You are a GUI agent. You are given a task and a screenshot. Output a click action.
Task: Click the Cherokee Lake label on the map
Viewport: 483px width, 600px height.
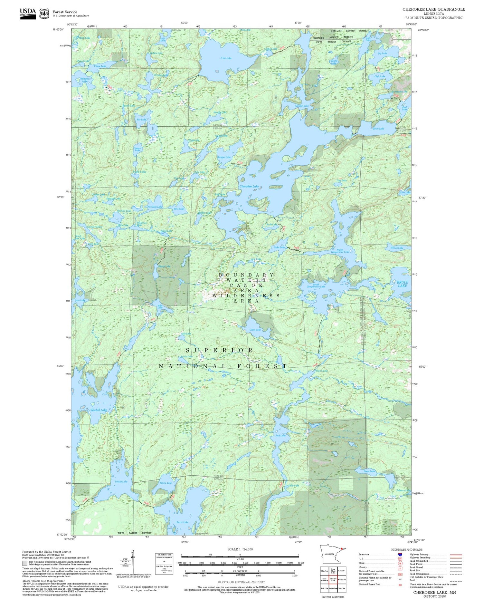(249, 187)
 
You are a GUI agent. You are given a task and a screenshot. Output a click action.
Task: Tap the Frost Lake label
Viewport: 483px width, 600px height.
(226, 58)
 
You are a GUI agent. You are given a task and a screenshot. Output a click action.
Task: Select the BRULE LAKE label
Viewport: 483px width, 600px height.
(402, 284)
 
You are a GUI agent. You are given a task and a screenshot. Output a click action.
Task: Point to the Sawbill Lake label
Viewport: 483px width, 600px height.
(98, 410)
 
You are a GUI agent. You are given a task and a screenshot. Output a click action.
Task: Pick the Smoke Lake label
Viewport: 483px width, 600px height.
(121, 481)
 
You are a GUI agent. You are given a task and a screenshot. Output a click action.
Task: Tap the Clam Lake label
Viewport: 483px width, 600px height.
(255, 330)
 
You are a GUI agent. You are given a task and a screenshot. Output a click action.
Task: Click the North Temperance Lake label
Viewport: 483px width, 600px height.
(342, 251)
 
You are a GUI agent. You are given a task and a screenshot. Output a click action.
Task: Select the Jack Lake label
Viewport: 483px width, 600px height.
(280, 435)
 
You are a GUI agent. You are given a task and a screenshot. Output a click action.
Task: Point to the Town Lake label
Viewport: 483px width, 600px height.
(378, 129)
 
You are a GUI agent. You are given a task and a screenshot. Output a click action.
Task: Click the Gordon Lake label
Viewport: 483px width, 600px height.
(302, 106)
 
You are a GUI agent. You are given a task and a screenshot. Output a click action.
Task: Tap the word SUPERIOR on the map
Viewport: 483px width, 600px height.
(219, 350)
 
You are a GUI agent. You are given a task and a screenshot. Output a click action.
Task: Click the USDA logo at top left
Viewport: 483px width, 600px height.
(28, 13)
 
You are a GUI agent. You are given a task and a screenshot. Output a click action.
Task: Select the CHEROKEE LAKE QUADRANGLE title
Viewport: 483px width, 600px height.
(433, 9)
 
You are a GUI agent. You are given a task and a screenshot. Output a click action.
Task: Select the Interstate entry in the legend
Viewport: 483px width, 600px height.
(365, 555)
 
